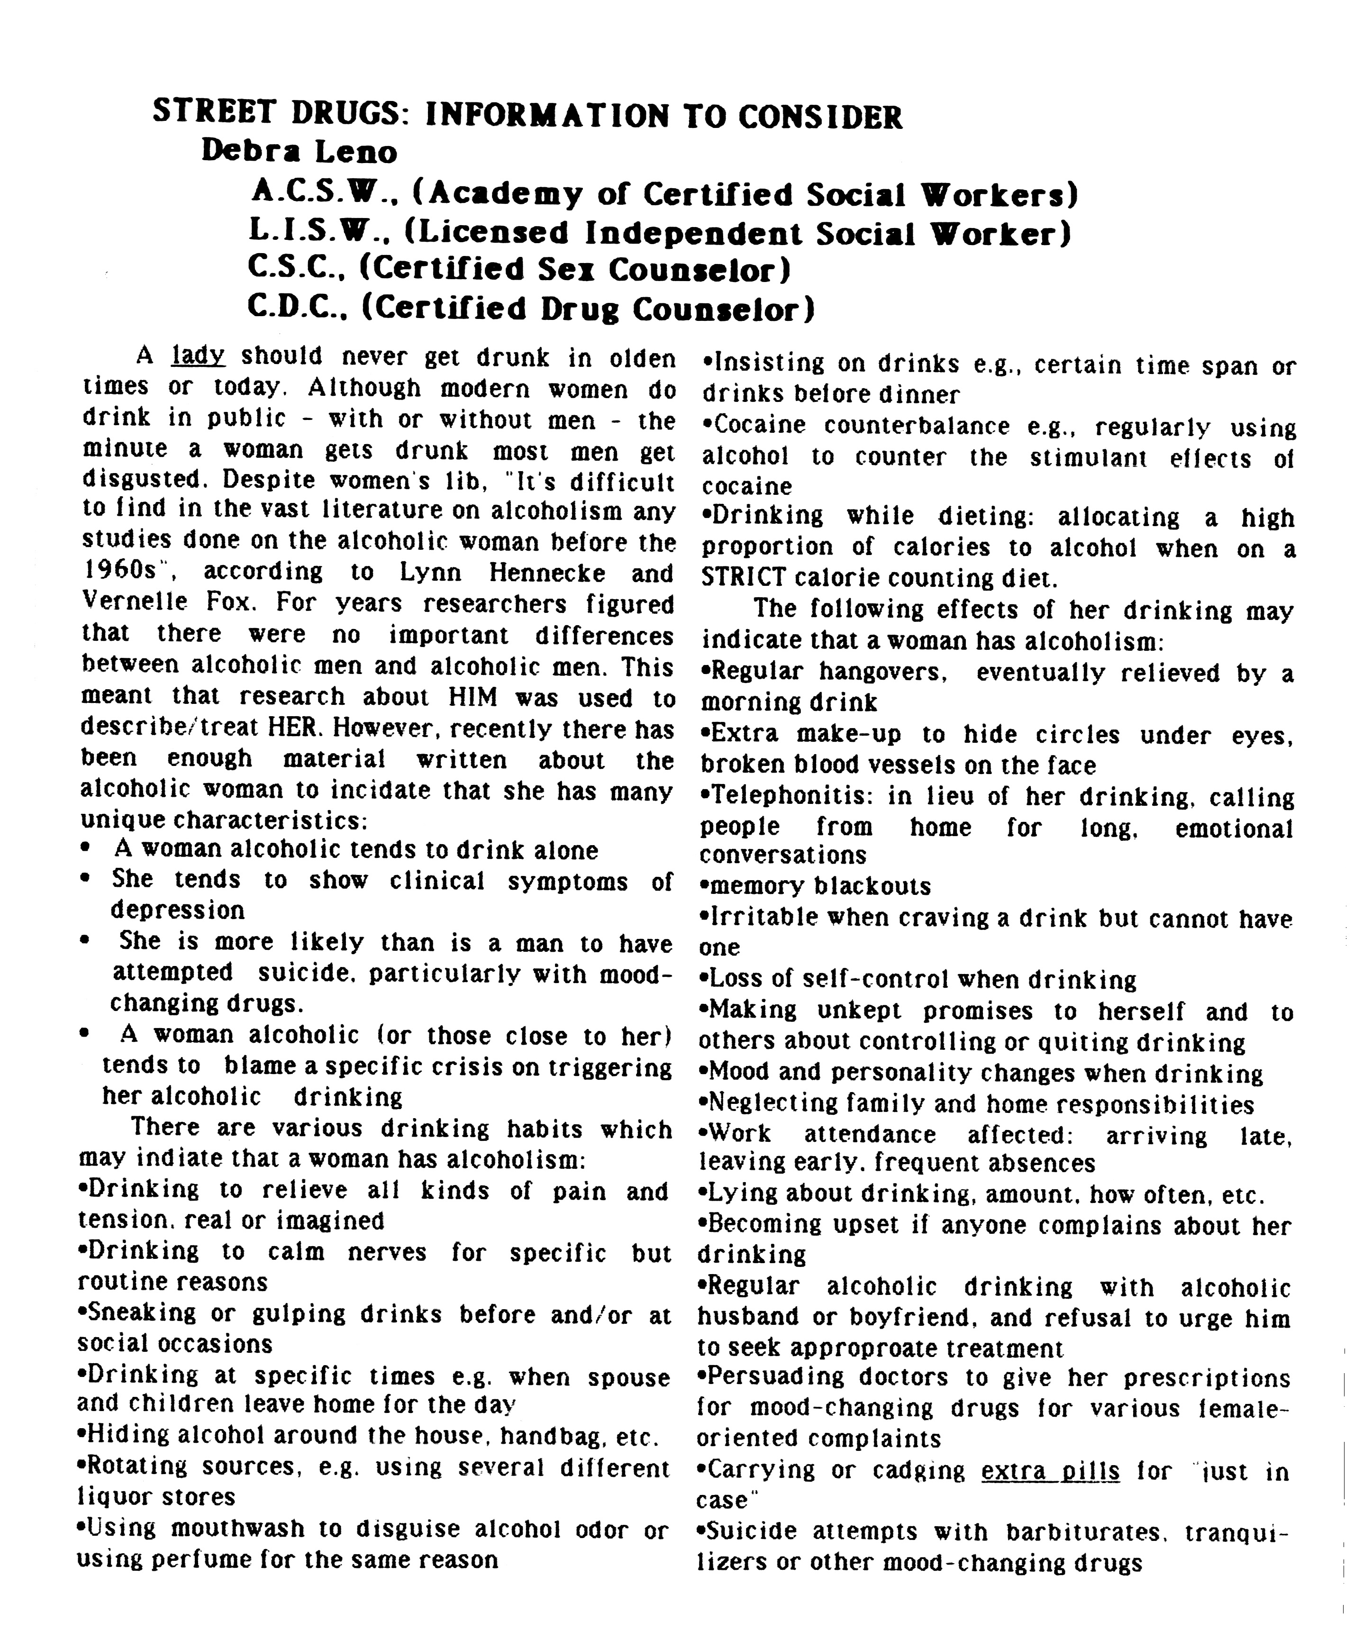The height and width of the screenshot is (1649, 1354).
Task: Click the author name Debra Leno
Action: click(x=300, y=151)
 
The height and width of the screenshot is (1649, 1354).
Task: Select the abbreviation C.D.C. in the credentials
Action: click(x=301, y=308)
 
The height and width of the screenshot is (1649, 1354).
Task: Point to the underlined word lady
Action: click(x=198, y=356)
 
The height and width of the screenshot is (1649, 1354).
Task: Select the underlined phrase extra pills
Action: click(x=1050, y=1471)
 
